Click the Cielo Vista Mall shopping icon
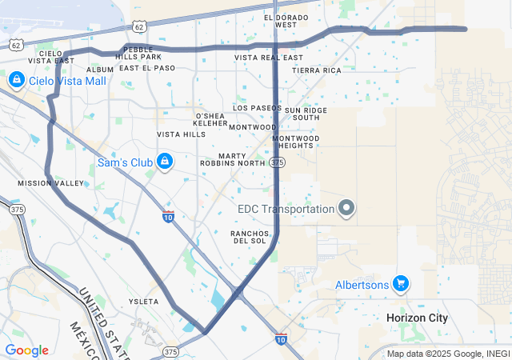pyautogui.click(x=16, y=81)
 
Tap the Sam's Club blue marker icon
pyautogui.click(x=165, y=162)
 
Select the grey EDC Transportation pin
pyautogui.click(x=346, y=209)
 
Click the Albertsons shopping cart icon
pyautogui.click(x=401, y=284)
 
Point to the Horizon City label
pyautogui.click(x=417, y=318)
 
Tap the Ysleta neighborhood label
pyautogui.click(x=144, y=302)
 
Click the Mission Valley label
pyautogui.click(x=50, y=183)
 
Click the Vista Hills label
pyautogui.click(x=181, y=134)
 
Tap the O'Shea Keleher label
pyautogui.click(x=211, y=120)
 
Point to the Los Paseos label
pyautogui.click(x=257, y=107)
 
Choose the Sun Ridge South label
pyautogui.click(x=306, y=114)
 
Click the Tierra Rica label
pyautogui.click(x=316, y=70)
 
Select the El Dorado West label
pyautogui.click(x=286, y=21)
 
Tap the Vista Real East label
pyautogui.click(x=269, y=58)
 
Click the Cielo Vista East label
pyautogui.click(x=46, y=57)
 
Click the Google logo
pyautogui.click(x=26, y=350)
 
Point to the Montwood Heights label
pyautogui.click(x=295, y=142)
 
